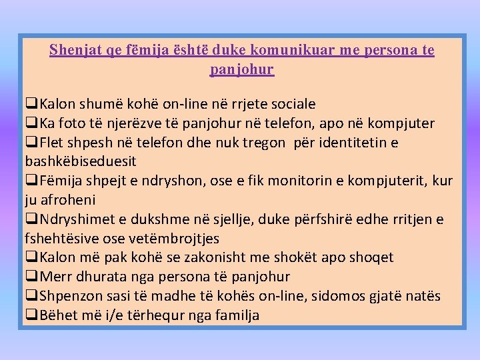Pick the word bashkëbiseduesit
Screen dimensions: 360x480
81,161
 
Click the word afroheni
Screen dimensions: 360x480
69,200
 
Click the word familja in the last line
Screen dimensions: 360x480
237,315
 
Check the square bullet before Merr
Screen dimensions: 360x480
31,277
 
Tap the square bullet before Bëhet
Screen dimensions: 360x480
31,315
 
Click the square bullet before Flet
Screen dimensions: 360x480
31,143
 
